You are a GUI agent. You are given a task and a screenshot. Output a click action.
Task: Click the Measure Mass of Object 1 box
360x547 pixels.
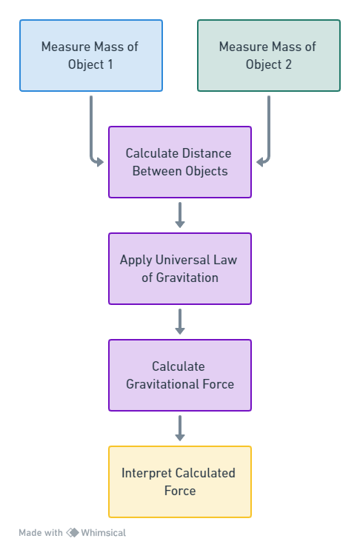[x=91, y=56]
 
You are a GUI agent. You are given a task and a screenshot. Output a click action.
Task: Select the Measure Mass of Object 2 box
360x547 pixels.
[x=269, y=56]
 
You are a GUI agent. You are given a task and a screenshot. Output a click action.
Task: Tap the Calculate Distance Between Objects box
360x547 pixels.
[x=180, y=162]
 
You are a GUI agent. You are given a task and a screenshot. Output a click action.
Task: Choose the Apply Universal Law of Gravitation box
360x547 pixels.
[x=180, y=269]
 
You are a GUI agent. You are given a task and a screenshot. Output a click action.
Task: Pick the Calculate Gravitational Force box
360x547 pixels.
[x=180, y=375]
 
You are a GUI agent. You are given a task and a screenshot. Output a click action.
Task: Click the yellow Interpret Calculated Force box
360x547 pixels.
[x=180, y=482]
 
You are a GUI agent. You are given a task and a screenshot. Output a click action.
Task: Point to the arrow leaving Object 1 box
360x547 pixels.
[x=91, y=140]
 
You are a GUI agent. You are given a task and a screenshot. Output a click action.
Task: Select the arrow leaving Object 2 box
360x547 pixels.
[x=269, y=140]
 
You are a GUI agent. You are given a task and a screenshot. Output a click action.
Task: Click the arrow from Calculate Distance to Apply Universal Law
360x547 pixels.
[x=180, y=215]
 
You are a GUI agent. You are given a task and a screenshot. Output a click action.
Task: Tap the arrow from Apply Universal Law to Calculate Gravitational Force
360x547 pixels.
[x=180, y=321]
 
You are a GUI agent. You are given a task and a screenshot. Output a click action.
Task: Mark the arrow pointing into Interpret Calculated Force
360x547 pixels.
[x=180, y=428]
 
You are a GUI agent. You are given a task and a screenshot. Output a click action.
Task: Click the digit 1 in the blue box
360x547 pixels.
[x=110, y=64]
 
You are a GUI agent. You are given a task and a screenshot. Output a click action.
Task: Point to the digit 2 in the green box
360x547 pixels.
[x=288, y=64]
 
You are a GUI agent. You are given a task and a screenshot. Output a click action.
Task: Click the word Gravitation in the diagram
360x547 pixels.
[x=187, y=278]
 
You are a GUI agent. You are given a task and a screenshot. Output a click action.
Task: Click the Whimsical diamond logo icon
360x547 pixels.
[x=73, y=532]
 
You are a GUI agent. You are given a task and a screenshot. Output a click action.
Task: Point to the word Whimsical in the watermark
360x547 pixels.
[x=104, y=533]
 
